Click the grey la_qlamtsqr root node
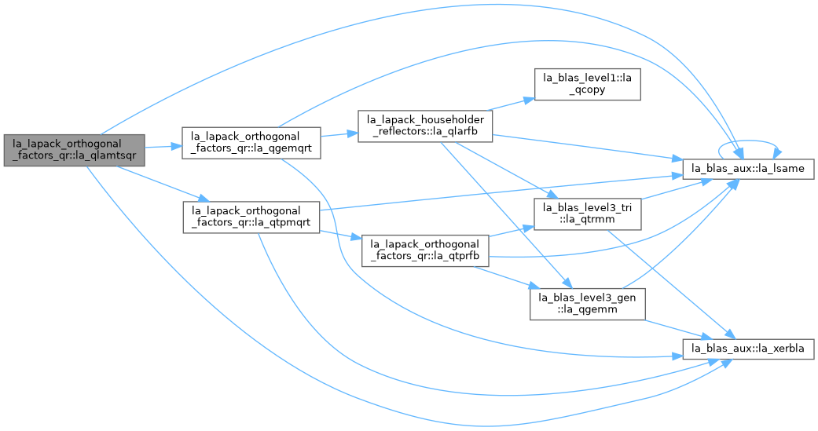(74, 151)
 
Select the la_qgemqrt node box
(251, 143)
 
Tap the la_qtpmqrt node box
(251, 217)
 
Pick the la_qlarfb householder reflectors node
(425, 126)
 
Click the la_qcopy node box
(588, 84)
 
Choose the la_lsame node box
(749, 168)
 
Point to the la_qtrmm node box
(587, 214)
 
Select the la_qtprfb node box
(424, 250)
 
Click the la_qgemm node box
(588, 304)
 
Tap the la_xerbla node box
(749, 348)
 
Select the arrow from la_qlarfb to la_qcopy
(510, 104)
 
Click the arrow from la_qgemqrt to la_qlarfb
(339, 134)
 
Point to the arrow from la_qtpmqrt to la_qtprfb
(341, 235)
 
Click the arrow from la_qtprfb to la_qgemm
(507, 277)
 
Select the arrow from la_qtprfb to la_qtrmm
(511, 231)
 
